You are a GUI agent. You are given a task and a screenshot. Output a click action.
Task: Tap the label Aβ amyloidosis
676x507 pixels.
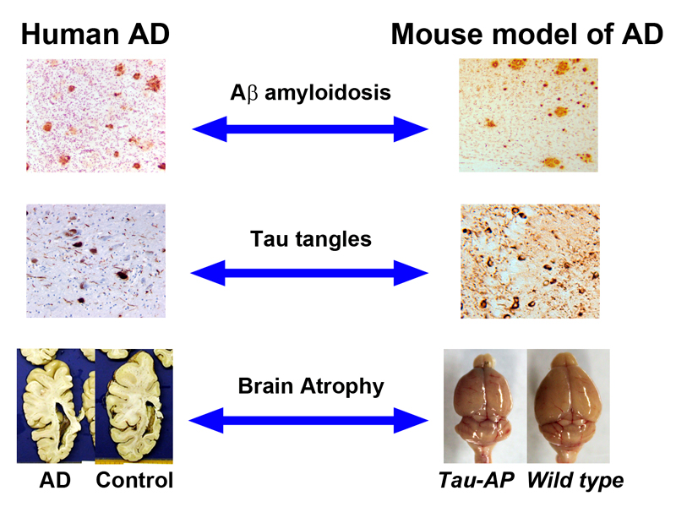pyautogui.click(x=311, y=93)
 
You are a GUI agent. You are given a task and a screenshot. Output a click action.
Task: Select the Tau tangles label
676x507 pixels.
pyautogui.click(x=311, y=239)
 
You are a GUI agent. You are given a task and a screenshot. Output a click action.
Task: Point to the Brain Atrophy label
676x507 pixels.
pyautogui.click(x=311, y=386)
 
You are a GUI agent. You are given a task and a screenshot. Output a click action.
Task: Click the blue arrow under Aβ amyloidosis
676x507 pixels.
pyautogui.click(x=311, y=129)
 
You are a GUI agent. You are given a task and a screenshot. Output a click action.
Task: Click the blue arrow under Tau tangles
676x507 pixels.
pyautogui.click(x=311, y=273)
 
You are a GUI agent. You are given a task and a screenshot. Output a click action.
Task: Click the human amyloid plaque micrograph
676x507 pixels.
pyautogui.click(x=94, y=115)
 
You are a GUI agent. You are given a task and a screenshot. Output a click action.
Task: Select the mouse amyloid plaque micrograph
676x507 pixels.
pyautogui.click(x=528, y=115)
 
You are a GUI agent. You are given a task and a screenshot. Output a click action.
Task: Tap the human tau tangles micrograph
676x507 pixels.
pyautogui.click(x=94, y=261)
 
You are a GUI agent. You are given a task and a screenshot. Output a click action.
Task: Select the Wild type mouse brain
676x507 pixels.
pyautogui.click(x=567, y=406)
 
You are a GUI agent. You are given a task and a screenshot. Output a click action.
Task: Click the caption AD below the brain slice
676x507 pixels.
pyautogui.click(x=53, y=481)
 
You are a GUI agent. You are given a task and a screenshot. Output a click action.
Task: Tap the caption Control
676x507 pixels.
pyautogui.click(x=134, y=481)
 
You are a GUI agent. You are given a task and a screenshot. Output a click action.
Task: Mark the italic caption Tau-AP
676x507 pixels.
pyautogui.click(x=477, y=481)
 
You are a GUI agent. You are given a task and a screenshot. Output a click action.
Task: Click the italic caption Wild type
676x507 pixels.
pyautogui.click(x=575, y=481)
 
